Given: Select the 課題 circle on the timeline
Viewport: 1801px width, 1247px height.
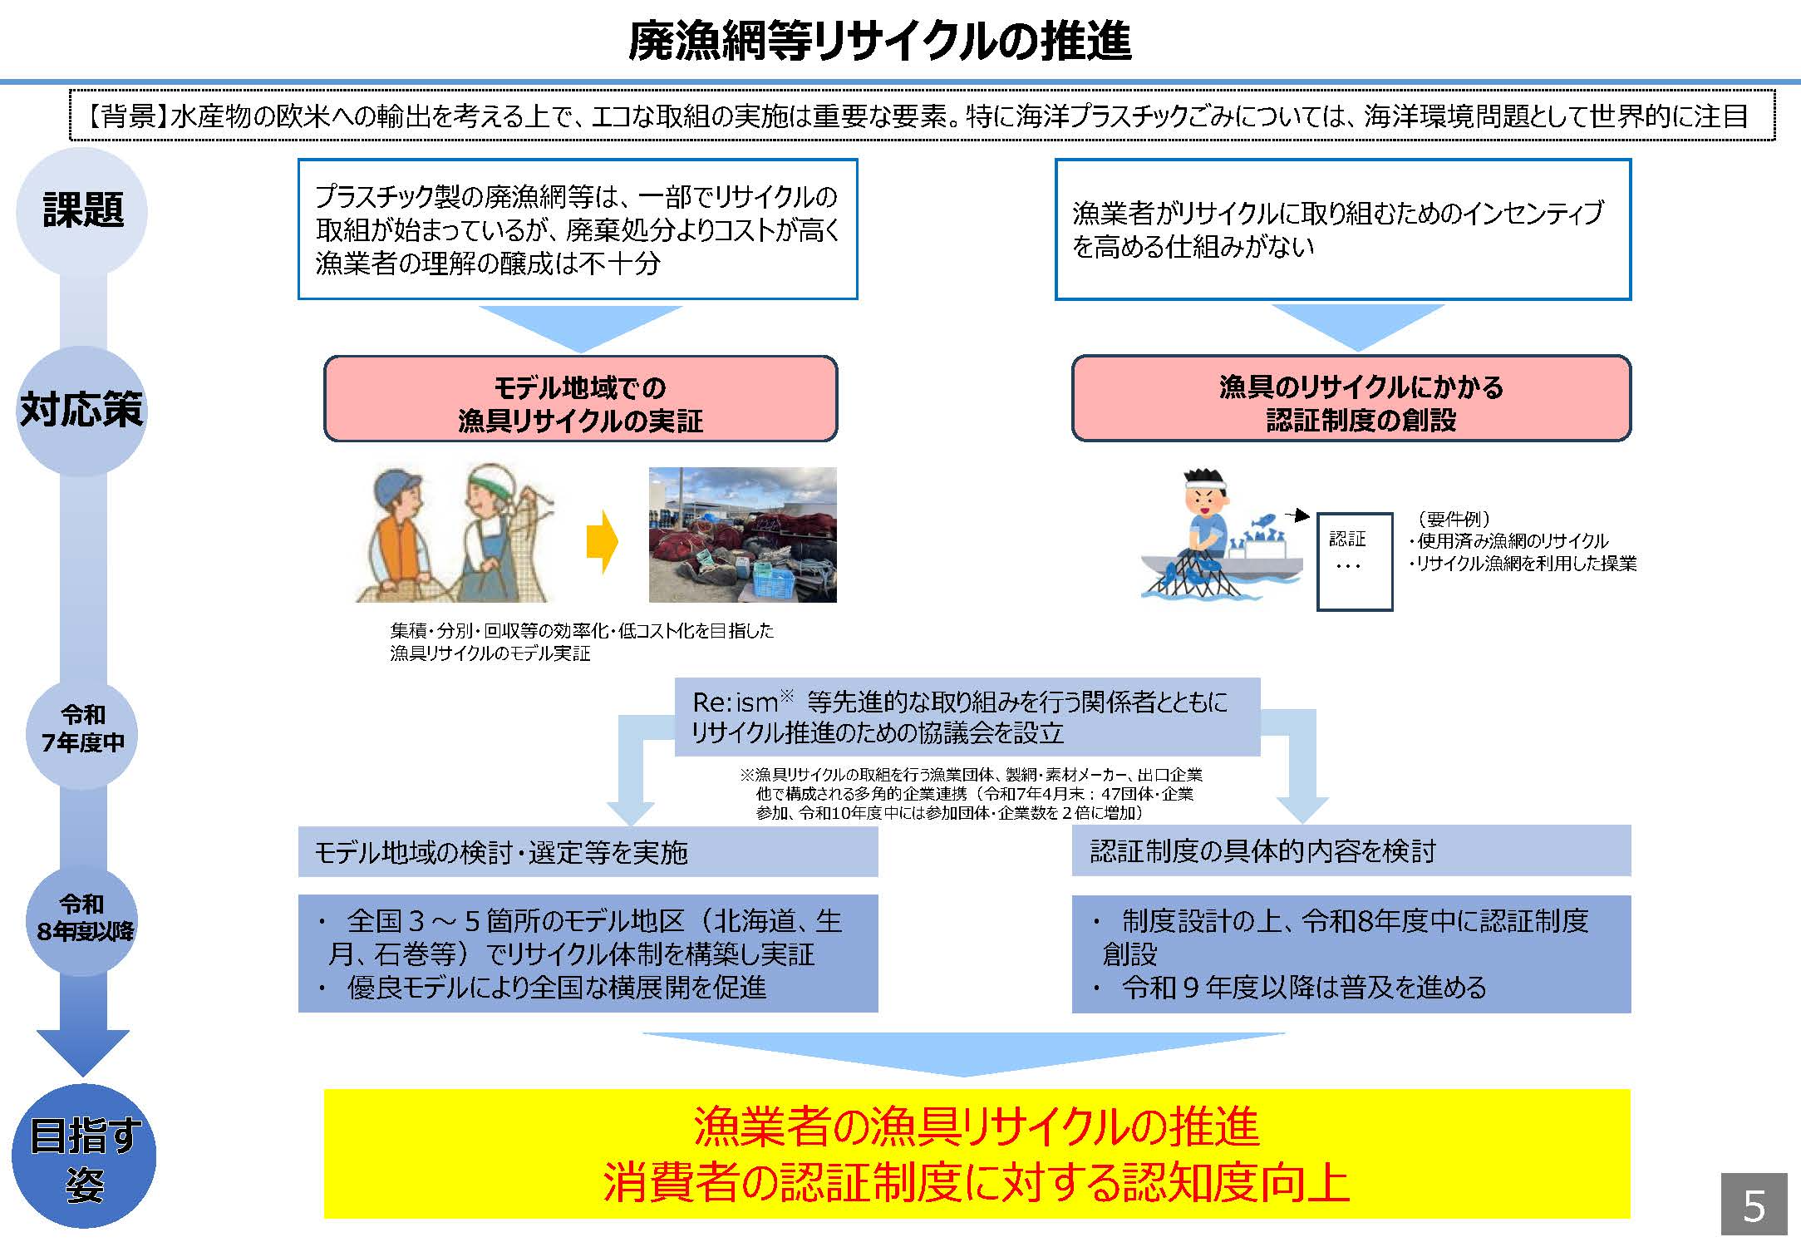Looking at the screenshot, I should click(82, 210).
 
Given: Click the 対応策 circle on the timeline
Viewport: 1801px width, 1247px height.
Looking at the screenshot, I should click(81, 409).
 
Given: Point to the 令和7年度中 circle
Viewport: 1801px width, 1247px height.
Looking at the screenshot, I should click(82, 728).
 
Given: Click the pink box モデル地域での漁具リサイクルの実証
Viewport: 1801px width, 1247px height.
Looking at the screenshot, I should click(580, 400).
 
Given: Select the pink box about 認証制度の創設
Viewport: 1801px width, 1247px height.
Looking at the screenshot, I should click(1351, 400).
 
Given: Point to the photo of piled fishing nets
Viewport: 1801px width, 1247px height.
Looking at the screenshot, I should click(742, 535).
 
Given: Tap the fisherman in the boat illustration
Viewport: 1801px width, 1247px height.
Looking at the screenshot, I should click(1207, 524).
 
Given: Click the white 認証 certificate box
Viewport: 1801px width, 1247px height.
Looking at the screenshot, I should click(1354, 561).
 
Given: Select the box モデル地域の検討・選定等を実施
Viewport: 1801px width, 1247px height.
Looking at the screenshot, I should click(587, 852).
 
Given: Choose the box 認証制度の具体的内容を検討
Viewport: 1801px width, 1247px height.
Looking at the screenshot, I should click(1351, 850).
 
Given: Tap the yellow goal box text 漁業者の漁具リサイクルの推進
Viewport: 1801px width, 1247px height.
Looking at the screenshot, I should click(976, 1126).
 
